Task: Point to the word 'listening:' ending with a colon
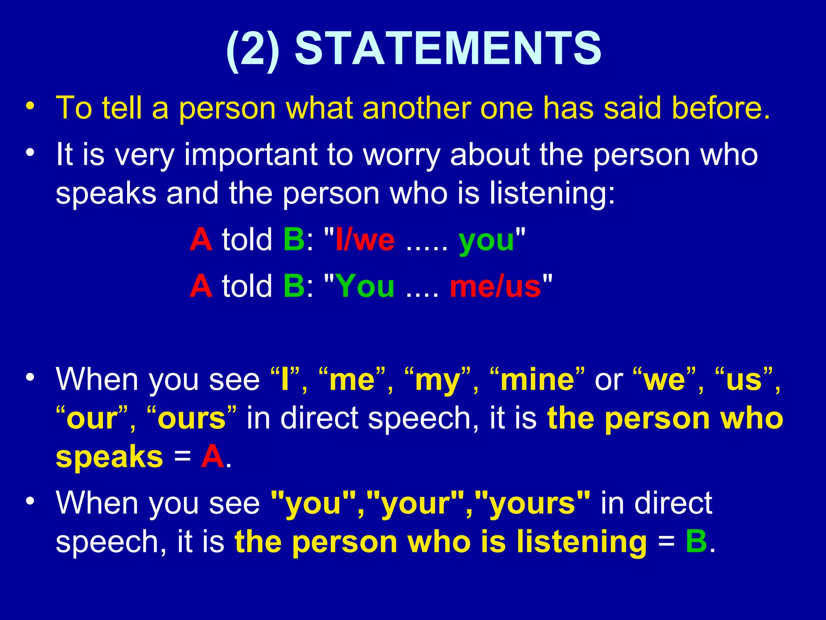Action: (x=552, y=193)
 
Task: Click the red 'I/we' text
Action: (x=365, y=240)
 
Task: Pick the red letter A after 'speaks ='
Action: (x=212, y=457)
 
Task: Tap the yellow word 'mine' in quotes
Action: (x=537, y=380)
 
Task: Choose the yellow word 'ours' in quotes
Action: (x=192, y=419)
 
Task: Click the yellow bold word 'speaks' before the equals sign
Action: (x=109, y=458)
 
